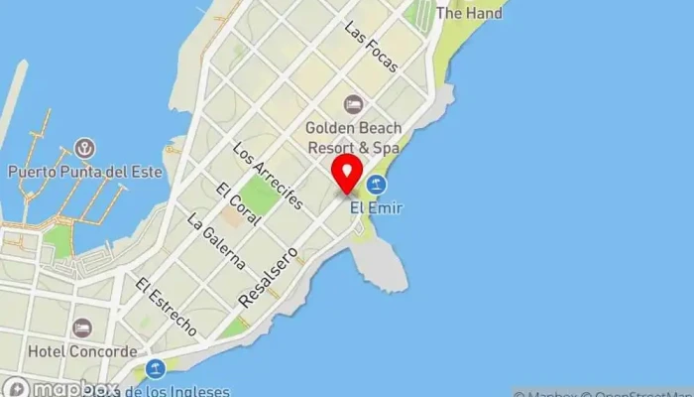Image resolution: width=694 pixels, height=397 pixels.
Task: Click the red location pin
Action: pyautogui.click(x=347, y=173)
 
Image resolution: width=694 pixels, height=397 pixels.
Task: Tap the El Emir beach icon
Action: pyautogui.click(x=377, y=185)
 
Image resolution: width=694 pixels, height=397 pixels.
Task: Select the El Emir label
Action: pyautogui.click(x=377, y=207)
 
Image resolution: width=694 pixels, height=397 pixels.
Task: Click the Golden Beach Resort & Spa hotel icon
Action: pyautogui.click(x=352, y=104)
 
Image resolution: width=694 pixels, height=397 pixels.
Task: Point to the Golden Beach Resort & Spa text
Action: pyautogui.click(x=352, y=137)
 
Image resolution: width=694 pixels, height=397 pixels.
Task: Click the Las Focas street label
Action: pyautogui.click(x=371, y=47)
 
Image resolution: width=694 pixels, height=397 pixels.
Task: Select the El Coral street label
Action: pyautogui.click(x=237, y=205)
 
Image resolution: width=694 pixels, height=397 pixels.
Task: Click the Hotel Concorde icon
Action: pyautogui.click(x=81, y=328)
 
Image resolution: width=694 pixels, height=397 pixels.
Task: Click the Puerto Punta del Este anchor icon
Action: pyautogui.click(x=85, y=149)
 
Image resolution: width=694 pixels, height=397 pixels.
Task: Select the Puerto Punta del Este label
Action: pyautogui.click(x=84, y=171)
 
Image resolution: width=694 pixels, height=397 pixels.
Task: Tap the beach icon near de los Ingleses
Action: pyautogui.click(x=155, y=369)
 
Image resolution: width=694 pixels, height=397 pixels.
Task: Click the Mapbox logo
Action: pyautogui.click(x=59, y=388)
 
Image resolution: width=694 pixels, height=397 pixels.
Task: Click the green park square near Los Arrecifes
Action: pyautogui.click(x=260, y=195)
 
